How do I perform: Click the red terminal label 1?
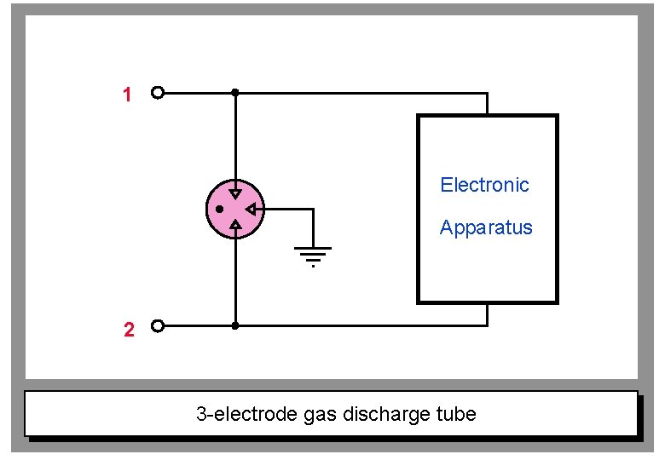[x=127, y=95]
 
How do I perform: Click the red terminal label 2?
[x=129, y=331]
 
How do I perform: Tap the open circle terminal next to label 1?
[x=157, y=93]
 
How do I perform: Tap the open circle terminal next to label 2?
[x=157, y=325]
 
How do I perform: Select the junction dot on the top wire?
[x=235, y=93]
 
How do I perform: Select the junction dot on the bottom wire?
[x=235, y=325]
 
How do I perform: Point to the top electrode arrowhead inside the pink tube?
[x=235, y=193]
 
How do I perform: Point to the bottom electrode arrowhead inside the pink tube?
[x=235, y=224]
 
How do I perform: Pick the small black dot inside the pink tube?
[x=219, y=209]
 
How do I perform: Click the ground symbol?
[x=313, y=254]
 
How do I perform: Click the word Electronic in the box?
[x=484, y=185]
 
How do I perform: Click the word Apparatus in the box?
[x=486, y=227]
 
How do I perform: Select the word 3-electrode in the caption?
[x=246, y=415]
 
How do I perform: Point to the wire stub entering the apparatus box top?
[x=487, y=104]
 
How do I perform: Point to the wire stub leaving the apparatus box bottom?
[x=487, y=314]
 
